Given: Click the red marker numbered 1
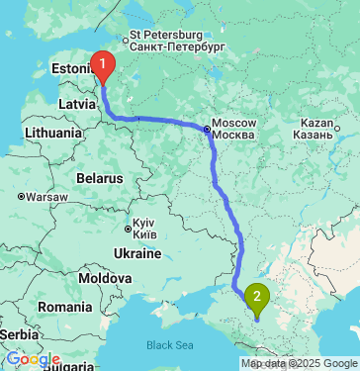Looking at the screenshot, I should pyautogui.click(x=102, y=65).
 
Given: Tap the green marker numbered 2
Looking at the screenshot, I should pyautogui.click(x=257, y=295).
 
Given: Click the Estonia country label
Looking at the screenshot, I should pyautogui.click(x=70, y=69).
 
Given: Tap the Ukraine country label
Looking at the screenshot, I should pyautogui.click(x=136, y=253).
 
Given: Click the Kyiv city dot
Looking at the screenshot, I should pyautogui.click(x=128, y=230).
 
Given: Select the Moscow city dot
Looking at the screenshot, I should pyautogui.click(x=207, y=129).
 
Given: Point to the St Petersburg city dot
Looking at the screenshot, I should pyautogui.click(x=125, y=38).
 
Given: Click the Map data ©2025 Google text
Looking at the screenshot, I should pyautogui.click(x=300, y=364).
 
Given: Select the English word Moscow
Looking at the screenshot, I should pyautogui.click(x=235, y=122).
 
